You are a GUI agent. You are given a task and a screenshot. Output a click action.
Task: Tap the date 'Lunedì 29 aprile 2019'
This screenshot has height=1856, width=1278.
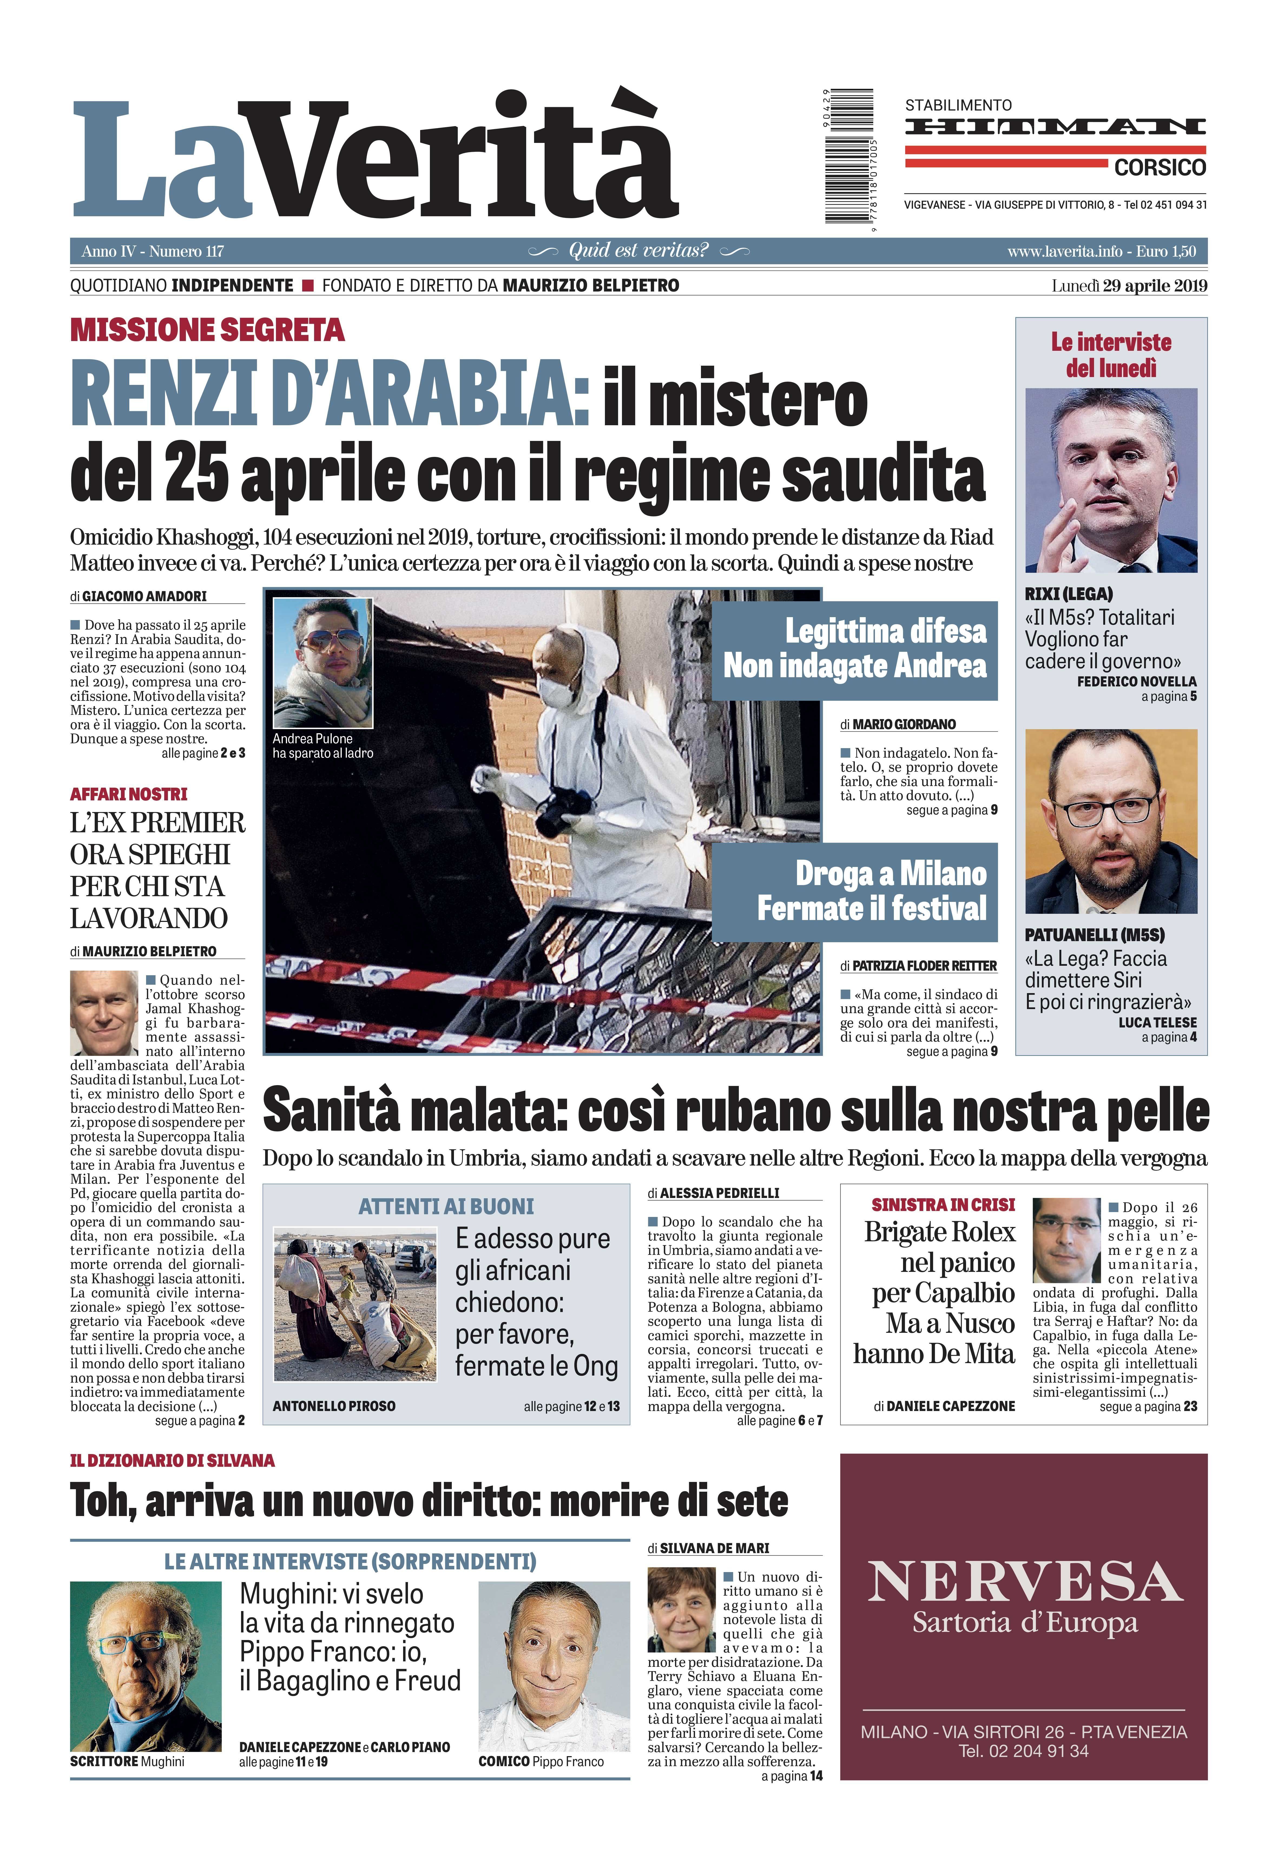point(1129,286)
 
